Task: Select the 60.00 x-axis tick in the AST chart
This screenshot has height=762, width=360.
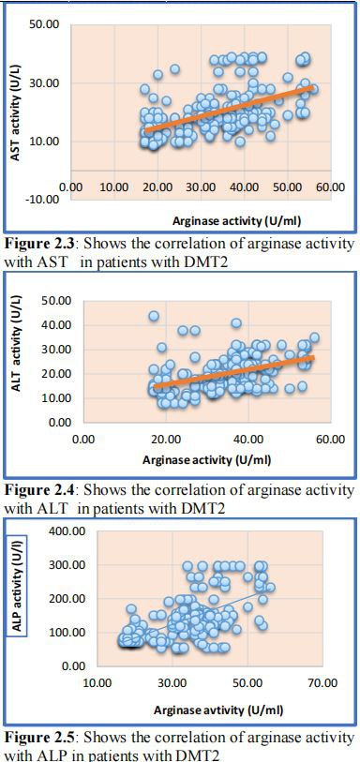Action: point(332,187)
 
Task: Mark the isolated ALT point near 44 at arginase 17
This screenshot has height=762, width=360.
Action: point(154,317)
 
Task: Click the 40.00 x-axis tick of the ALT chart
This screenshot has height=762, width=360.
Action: point(248,440)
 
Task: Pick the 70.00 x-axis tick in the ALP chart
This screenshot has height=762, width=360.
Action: point(324,684)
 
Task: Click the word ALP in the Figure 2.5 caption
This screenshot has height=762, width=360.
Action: point(49,755)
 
